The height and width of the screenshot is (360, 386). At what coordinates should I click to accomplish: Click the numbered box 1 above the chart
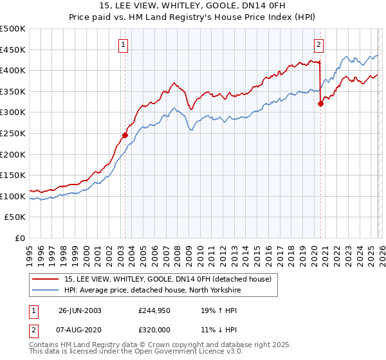123,45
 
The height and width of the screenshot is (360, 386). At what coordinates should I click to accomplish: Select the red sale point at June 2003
125,135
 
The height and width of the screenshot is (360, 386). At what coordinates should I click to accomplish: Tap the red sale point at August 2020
320,104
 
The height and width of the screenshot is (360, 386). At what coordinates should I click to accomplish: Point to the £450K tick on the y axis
14,50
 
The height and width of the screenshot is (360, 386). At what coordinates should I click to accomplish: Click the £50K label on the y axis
15,217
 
